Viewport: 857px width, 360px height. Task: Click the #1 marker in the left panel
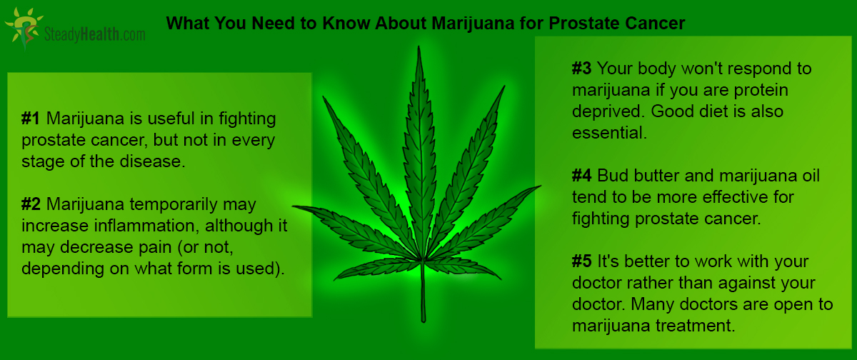tap(31, 119)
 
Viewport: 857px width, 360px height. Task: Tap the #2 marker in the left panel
tap(31, 204)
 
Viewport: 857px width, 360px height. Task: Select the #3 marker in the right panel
tap(581, 69)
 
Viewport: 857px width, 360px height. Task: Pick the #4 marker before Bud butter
tap(581, 176)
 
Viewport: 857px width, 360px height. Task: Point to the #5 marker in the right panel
tap(581, 261)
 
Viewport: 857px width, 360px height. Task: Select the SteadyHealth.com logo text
tap(94, 34)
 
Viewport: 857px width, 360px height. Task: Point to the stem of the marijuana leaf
tap(423, 291)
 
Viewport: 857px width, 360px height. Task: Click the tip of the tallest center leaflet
tap(419, 46)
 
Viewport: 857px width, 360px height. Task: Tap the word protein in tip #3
tap(761, 91)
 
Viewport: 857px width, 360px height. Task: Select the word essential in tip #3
tap(609, 133)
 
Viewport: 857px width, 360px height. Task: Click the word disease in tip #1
tap(152, 161)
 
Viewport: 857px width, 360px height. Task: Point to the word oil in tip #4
tap(810, 176)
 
